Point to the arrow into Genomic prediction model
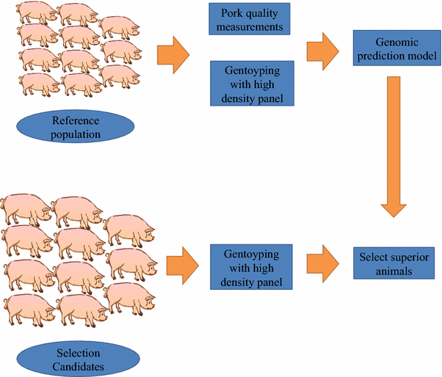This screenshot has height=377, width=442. coord(323,50)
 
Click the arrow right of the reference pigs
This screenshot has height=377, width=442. coord(173,56)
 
